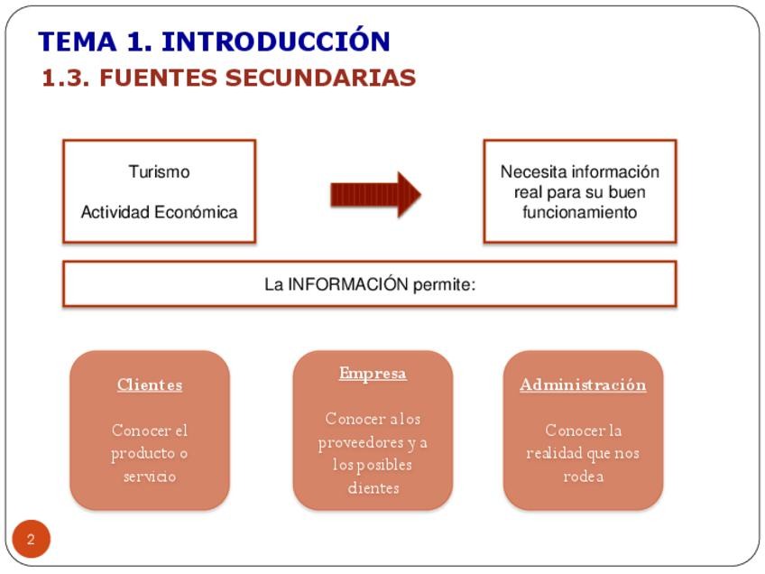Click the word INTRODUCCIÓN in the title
point(275,42)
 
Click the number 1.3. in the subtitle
point(66,79)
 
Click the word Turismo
point(159,171)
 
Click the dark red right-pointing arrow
point(375,193)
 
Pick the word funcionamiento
point(580,213)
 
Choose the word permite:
point(444,284)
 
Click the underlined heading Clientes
point(150,384)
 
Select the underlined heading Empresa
point(373,373)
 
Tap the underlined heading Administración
point(583,384)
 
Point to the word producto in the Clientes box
point(141,453)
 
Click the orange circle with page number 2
point(32,540)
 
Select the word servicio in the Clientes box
point(150,476)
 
